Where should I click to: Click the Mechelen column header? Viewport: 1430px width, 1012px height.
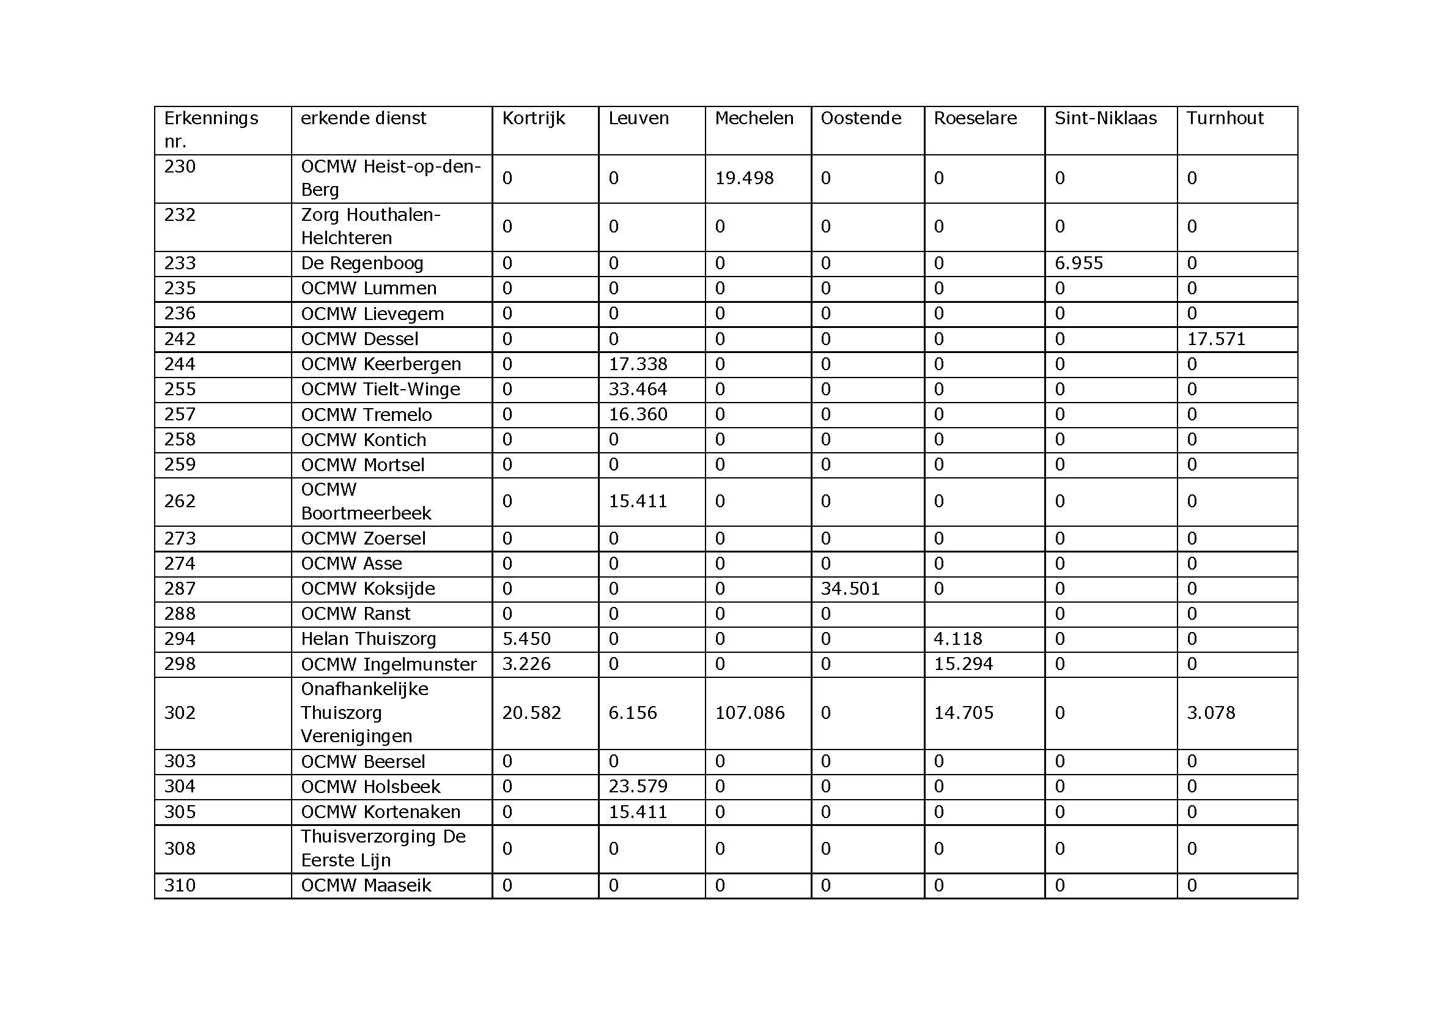pos(754,119)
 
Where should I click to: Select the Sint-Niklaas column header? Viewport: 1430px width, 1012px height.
pos(1105,119)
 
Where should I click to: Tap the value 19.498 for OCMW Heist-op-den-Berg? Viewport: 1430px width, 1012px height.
pos(743,178)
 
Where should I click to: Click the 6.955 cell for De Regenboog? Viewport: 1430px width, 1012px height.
pos(1078,263)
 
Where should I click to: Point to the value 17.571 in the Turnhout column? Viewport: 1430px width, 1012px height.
pos(1216,339)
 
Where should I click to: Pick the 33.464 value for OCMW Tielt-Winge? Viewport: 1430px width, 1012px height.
pos(637,390)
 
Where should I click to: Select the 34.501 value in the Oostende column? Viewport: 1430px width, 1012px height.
pos(850,589)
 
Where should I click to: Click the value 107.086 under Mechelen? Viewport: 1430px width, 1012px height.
pos(750,713)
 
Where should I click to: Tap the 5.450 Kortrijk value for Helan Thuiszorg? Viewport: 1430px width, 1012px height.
pos(526,639)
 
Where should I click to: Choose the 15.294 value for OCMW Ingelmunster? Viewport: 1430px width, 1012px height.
pos(963,664)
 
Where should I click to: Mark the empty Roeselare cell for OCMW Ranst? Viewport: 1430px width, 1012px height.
pos(984,614)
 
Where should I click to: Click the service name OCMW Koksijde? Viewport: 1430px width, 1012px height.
pos(367,589)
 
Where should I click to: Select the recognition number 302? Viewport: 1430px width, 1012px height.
pos(180,713)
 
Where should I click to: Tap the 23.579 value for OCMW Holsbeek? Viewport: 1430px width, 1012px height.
pos(638,786)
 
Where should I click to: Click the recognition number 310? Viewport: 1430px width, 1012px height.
pos(180,885)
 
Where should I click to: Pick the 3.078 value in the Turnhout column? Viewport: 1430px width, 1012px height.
pos(1210,713)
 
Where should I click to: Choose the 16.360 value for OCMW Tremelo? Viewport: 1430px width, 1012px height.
pos(638,414)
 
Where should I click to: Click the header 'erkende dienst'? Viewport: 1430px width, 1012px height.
pos(363,119)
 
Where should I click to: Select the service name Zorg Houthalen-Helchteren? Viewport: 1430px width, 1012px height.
pos(370,226)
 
